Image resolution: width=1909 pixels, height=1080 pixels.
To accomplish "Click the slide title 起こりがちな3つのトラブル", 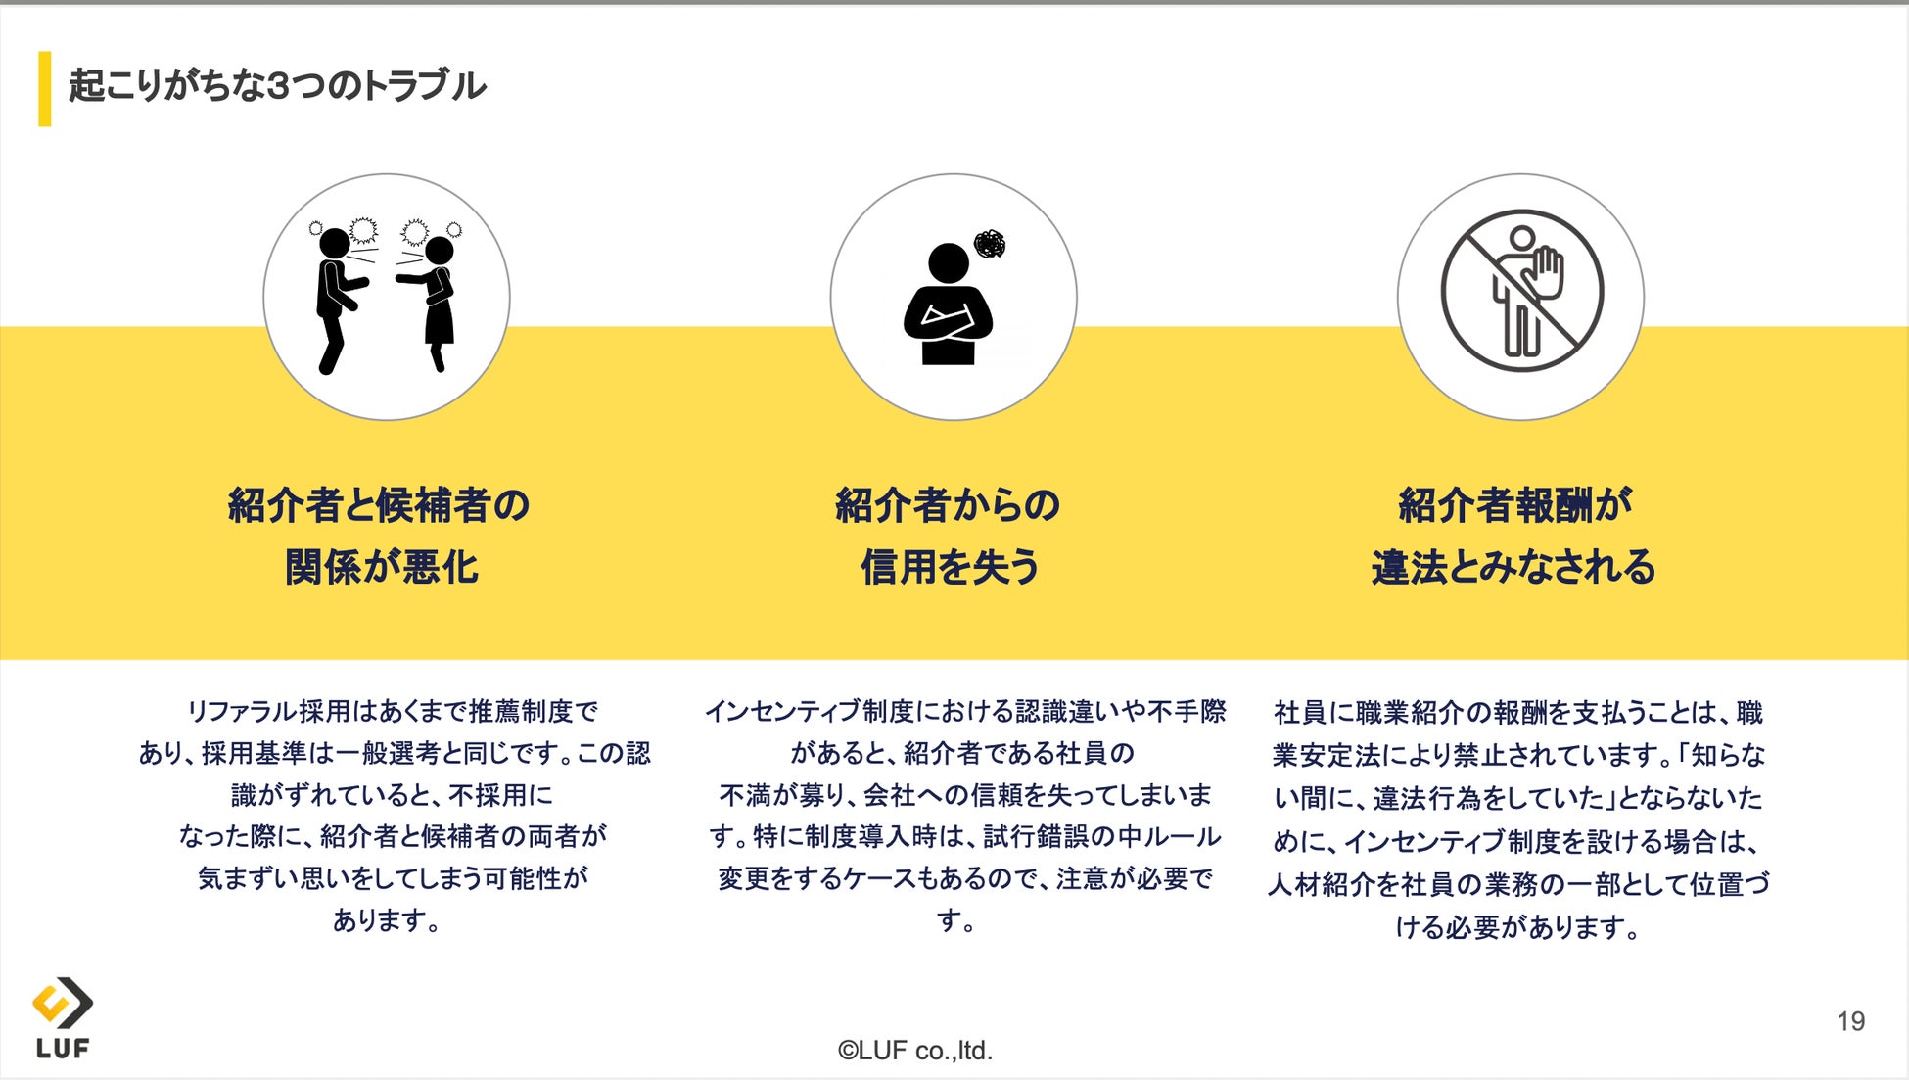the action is click(x=277, y=86).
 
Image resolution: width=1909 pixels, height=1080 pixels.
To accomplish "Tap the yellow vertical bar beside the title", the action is click(x=44, y=88).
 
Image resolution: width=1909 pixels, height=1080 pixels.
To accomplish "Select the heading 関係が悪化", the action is click(x=382, y=567).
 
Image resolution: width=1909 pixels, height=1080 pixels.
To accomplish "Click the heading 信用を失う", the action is click(x=950, y=567).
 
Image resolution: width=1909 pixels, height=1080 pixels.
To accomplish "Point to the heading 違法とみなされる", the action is click(x=1513, y=567).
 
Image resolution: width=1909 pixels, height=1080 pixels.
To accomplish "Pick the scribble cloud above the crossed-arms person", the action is click(x=990, y=243).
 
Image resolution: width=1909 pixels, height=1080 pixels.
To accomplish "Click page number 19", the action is click(x=1850, y=1021).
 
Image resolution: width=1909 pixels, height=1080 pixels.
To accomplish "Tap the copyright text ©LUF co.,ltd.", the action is click(x=915, y=1051).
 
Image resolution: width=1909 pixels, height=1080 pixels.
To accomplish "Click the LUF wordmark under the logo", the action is click(x=63, y=1049).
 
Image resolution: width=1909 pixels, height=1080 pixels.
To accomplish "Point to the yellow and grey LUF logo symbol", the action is click(x=62, y=1003).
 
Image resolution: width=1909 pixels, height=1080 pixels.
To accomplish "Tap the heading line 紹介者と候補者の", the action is click(x=379, y=505).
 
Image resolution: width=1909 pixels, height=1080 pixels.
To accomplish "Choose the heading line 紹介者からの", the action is click(x=948, y=505).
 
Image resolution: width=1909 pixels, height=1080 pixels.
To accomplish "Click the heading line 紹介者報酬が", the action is click(x=1514, y=505).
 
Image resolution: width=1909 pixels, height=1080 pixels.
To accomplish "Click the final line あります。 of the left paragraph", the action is click(x=387, y=920).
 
